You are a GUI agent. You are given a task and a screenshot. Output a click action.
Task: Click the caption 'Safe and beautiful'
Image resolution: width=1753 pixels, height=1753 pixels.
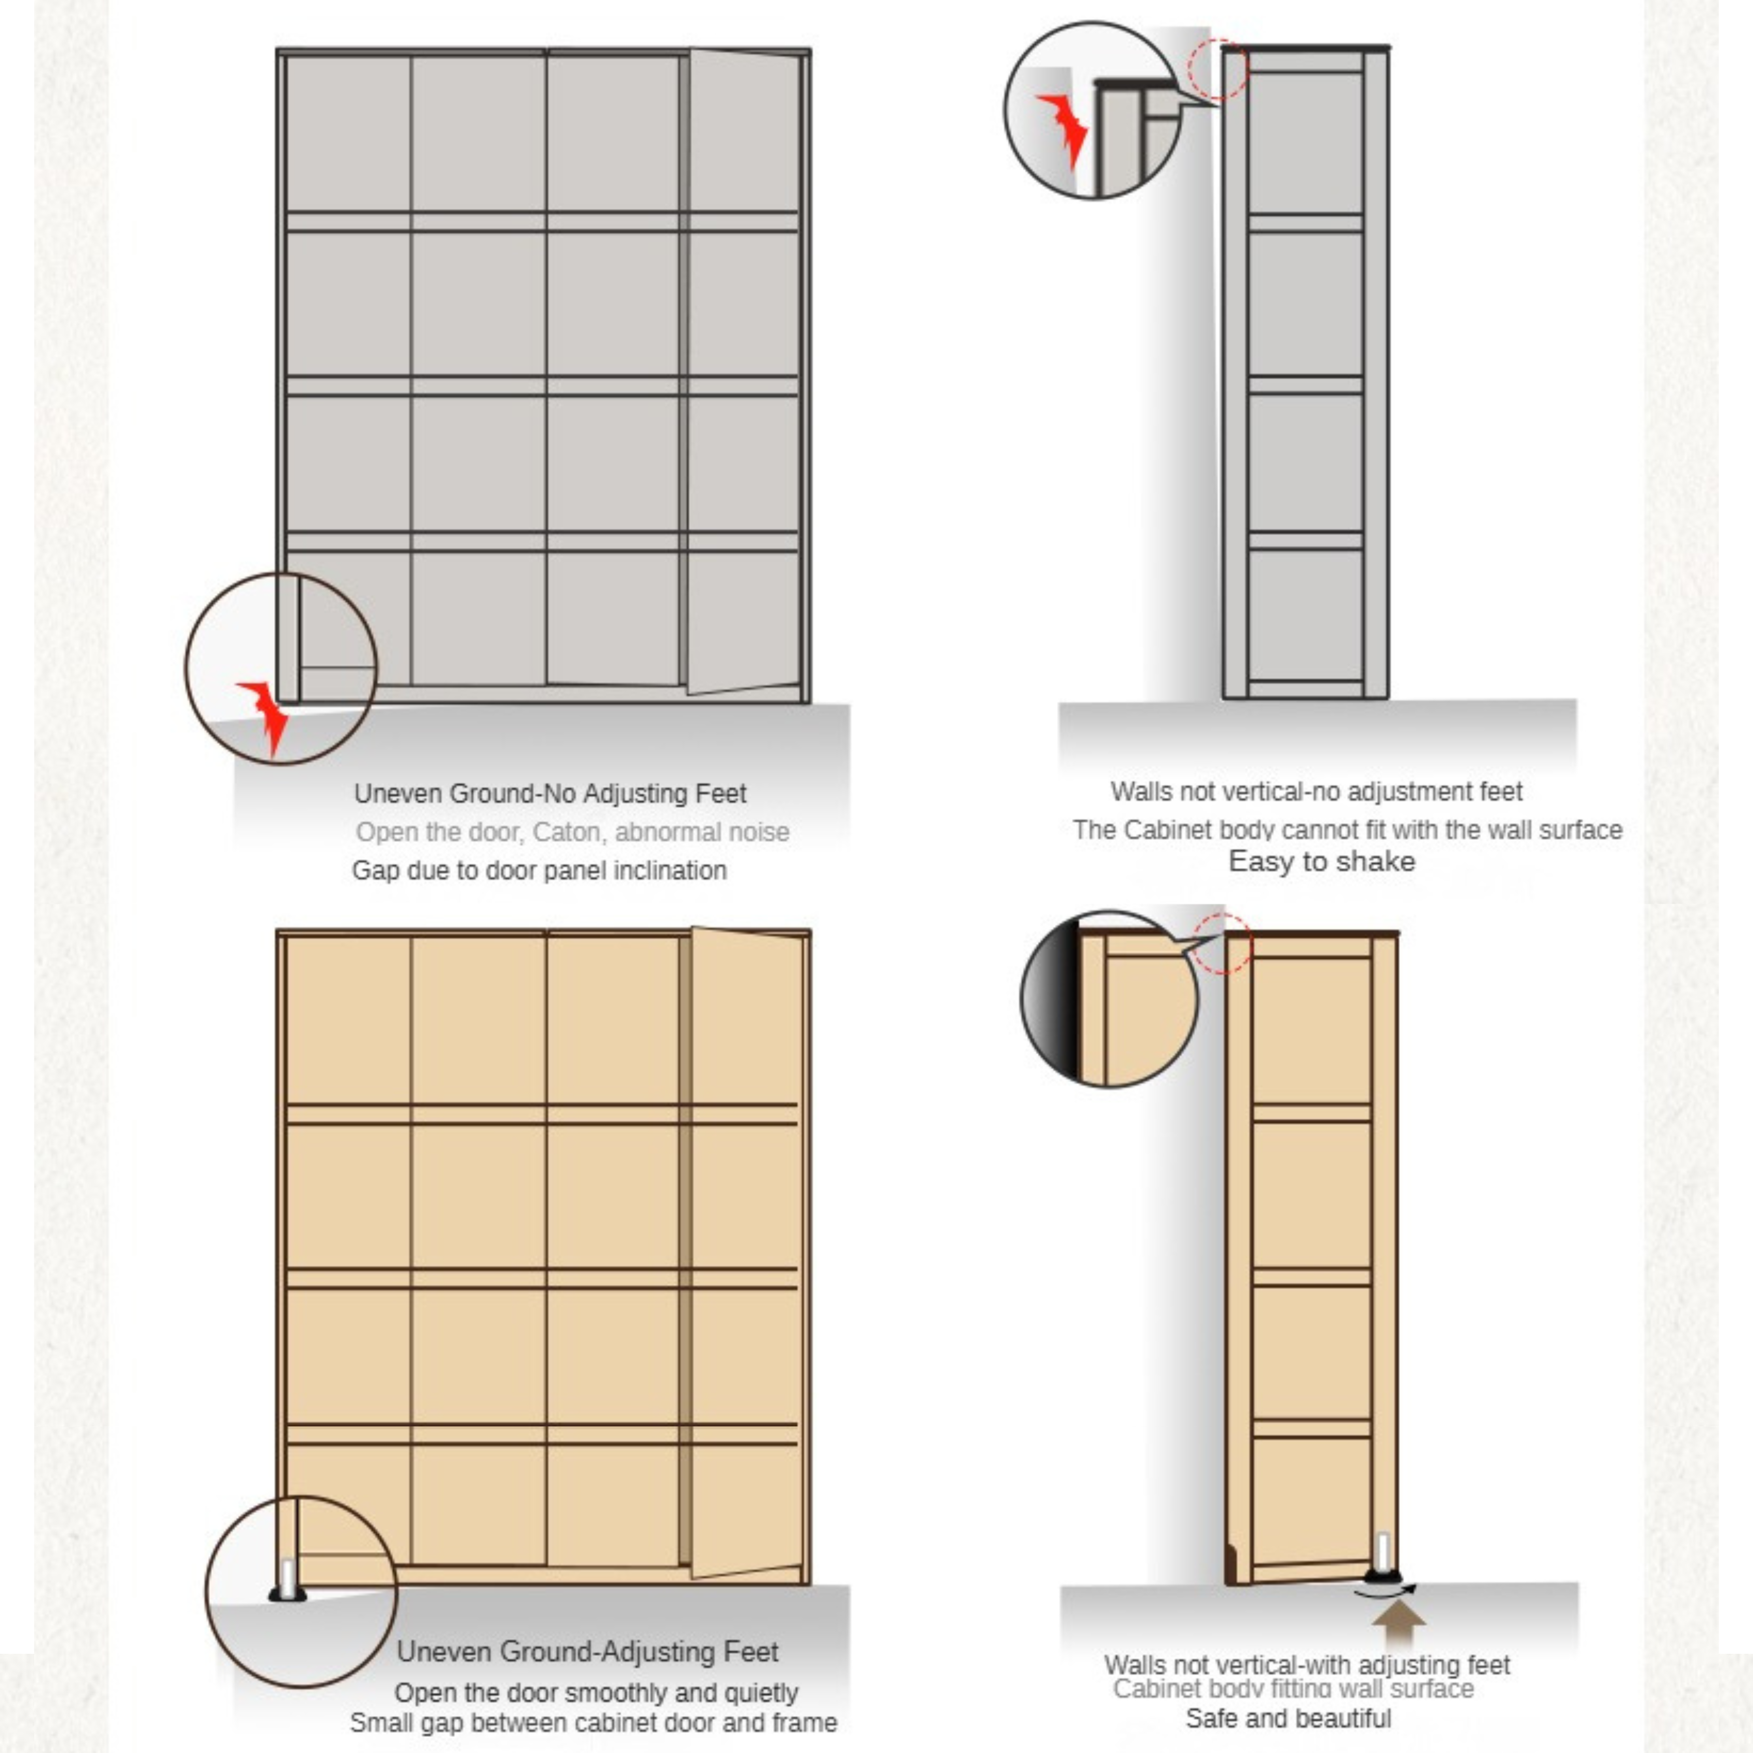point(1289,1718)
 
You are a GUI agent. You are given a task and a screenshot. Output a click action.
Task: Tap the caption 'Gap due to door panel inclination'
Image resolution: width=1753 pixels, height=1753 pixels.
point(539,870)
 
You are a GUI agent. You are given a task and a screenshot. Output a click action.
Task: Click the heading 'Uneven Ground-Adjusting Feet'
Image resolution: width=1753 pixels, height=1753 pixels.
point(587,1651)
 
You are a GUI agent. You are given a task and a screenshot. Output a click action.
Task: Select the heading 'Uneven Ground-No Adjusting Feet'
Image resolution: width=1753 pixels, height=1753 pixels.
point(550,793)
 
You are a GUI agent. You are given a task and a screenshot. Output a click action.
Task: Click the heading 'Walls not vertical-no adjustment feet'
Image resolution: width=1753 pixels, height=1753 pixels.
point(1317,791)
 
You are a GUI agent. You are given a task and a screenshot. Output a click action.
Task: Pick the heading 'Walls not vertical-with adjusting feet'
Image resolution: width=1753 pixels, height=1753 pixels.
point(1307,1665)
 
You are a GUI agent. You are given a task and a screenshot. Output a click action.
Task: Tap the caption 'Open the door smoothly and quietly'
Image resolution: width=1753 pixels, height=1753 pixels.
point(596,1692)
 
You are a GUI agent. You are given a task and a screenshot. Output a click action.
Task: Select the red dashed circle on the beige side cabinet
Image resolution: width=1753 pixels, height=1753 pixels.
point(1222,944)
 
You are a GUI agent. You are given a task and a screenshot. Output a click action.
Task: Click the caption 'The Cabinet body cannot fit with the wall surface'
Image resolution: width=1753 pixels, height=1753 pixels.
point(1346,829)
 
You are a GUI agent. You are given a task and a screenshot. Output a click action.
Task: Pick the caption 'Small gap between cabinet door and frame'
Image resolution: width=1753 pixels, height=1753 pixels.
point(593,1722)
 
